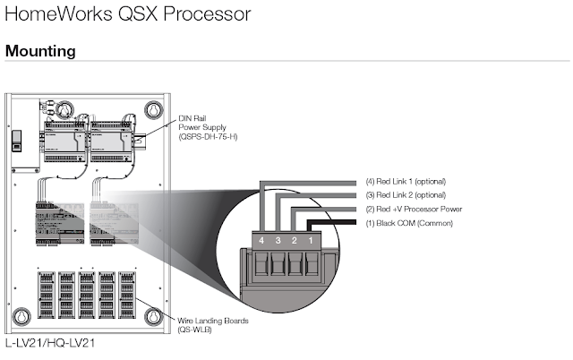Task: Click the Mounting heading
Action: click(40, 51)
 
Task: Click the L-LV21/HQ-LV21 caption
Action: click(50, 342)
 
